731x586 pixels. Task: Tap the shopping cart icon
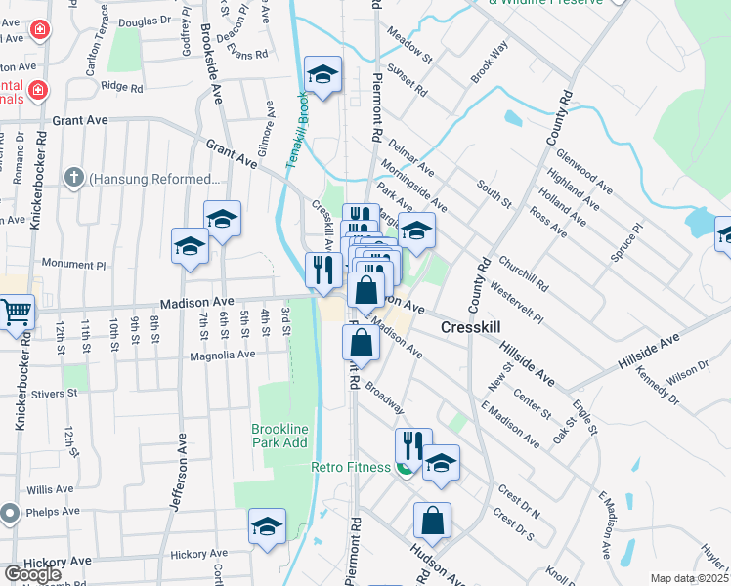point(16,312)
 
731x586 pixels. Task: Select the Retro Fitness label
point(351,467)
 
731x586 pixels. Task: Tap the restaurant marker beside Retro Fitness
point(413,445)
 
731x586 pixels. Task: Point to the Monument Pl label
point(73,265)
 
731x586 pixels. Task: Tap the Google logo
point(32,574)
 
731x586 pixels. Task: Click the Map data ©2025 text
point(689,578)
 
